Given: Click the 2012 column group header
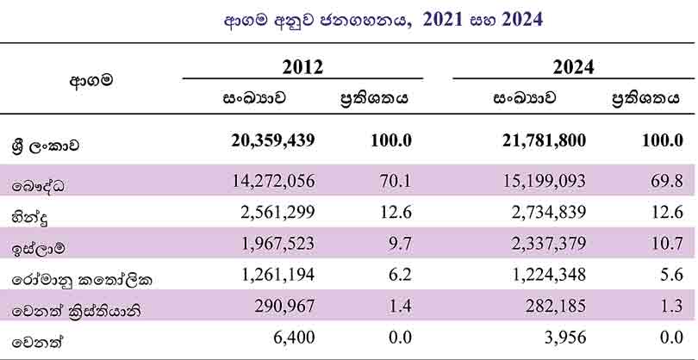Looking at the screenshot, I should [302, 66].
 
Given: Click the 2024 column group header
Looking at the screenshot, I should [574, 66].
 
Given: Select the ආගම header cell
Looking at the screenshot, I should [90, 82].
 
